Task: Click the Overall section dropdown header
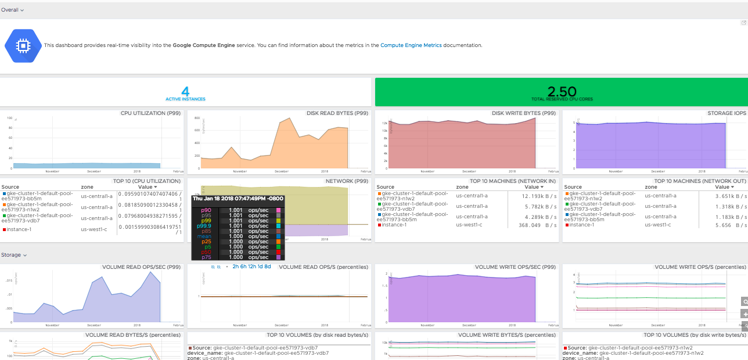coord(12,10)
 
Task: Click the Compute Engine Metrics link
coord(411,45)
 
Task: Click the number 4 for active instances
coord(185,91)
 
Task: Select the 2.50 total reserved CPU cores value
coord(562,91)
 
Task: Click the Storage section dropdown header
coord(12,254)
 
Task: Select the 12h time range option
coord(252,267)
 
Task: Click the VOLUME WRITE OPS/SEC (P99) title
coord(515,267)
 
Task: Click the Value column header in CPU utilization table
coord(147,187)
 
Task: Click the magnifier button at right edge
coord(744,301)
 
